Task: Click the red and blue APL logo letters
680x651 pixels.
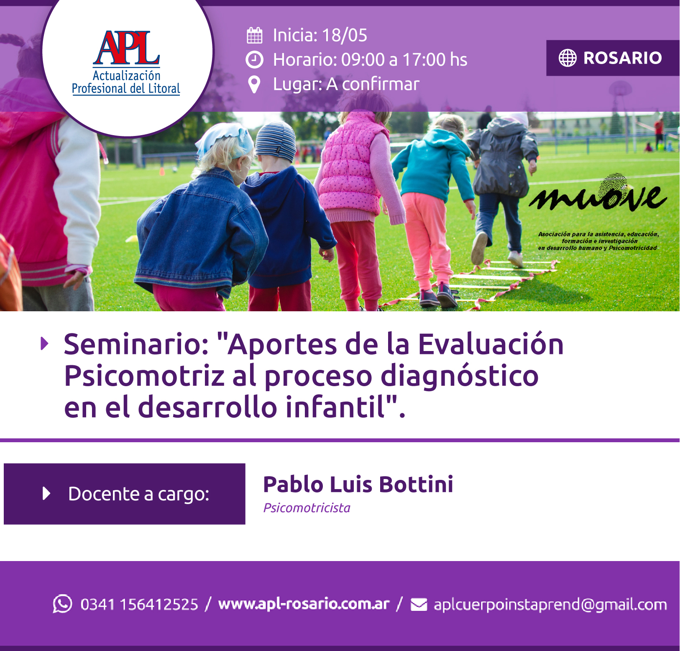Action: coord(126,48)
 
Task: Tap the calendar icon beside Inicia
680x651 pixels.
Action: coord(254,35)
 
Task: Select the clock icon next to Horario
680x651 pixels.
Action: coord(254,60)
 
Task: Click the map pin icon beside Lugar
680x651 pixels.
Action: coord(254,85)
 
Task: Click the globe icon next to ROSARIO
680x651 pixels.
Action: coord(568,58)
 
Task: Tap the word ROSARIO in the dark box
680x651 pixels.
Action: coord(622,58)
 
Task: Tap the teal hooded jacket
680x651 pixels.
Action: coord(433,165)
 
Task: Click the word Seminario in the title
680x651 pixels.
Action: coord(136,344)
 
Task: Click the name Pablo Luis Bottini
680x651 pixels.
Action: coord(358,484)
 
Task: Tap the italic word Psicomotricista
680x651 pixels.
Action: coord(307,508)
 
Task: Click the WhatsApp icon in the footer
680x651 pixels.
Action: coord(62,604)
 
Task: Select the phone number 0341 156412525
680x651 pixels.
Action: coord(139,605)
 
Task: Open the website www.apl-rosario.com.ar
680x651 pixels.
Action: coord(304,604)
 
